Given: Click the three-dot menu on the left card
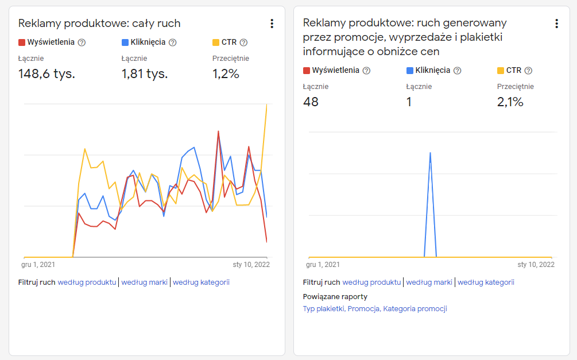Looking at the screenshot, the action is click(272, 24).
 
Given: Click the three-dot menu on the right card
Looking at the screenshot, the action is click(557, 24).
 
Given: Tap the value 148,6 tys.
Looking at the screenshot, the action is click(47, 73).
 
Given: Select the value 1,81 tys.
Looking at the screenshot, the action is click(145, 73).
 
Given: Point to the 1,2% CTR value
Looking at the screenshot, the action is click(226, 73).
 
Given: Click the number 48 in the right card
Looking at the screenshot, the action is click(311, 102).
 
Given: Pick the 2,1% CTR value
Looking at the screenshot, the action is click(510, 102).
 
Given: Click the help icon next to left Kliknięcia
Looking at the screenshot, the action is click(173, 42).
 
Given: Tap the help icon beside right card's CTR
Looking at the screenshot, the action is click(528, 71).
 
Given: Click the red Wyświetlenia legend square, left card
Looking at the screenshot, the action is click(22, 42).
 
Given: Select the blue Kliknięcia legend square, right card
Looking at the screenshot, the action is click(409, 71).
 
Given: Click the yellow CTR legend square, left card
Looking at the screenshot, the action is click(216, 42).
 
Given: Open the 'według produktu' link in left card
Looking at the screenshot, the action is click(87, 282).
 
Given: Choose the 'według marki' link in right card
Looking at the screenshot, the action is click(429, 282).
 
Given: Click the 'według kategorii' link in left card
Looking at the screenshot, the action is click(202, 282).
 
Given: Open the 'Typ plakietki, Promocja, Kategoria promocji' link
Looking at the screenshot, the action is click(375, 309).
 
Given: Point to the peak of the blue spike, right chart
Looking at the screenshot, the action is click(430, 153).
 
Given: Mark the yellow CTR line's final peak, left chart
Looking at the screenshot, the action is click(266, 105).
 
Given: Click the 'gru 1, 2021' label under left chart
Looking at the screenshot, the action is click(38, 265).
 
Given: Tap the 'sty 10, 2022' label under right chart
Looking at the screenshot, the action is click(536, 265).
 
